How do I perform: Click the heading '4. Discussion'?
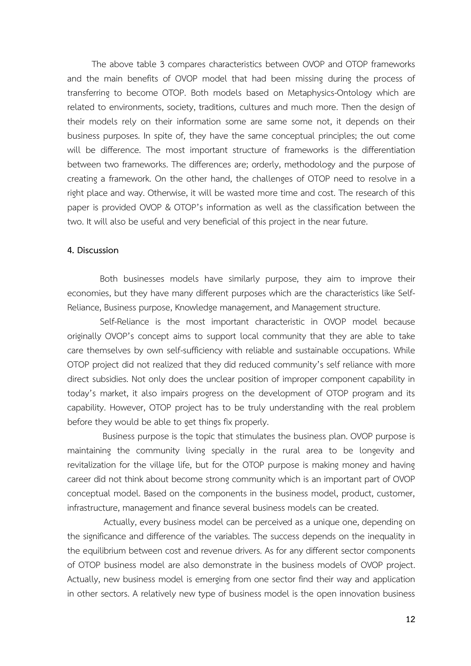point(93,250)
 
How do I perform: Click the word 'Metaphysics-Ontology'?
point(330,93)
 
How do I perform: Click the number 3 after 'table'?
point(162,64)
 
